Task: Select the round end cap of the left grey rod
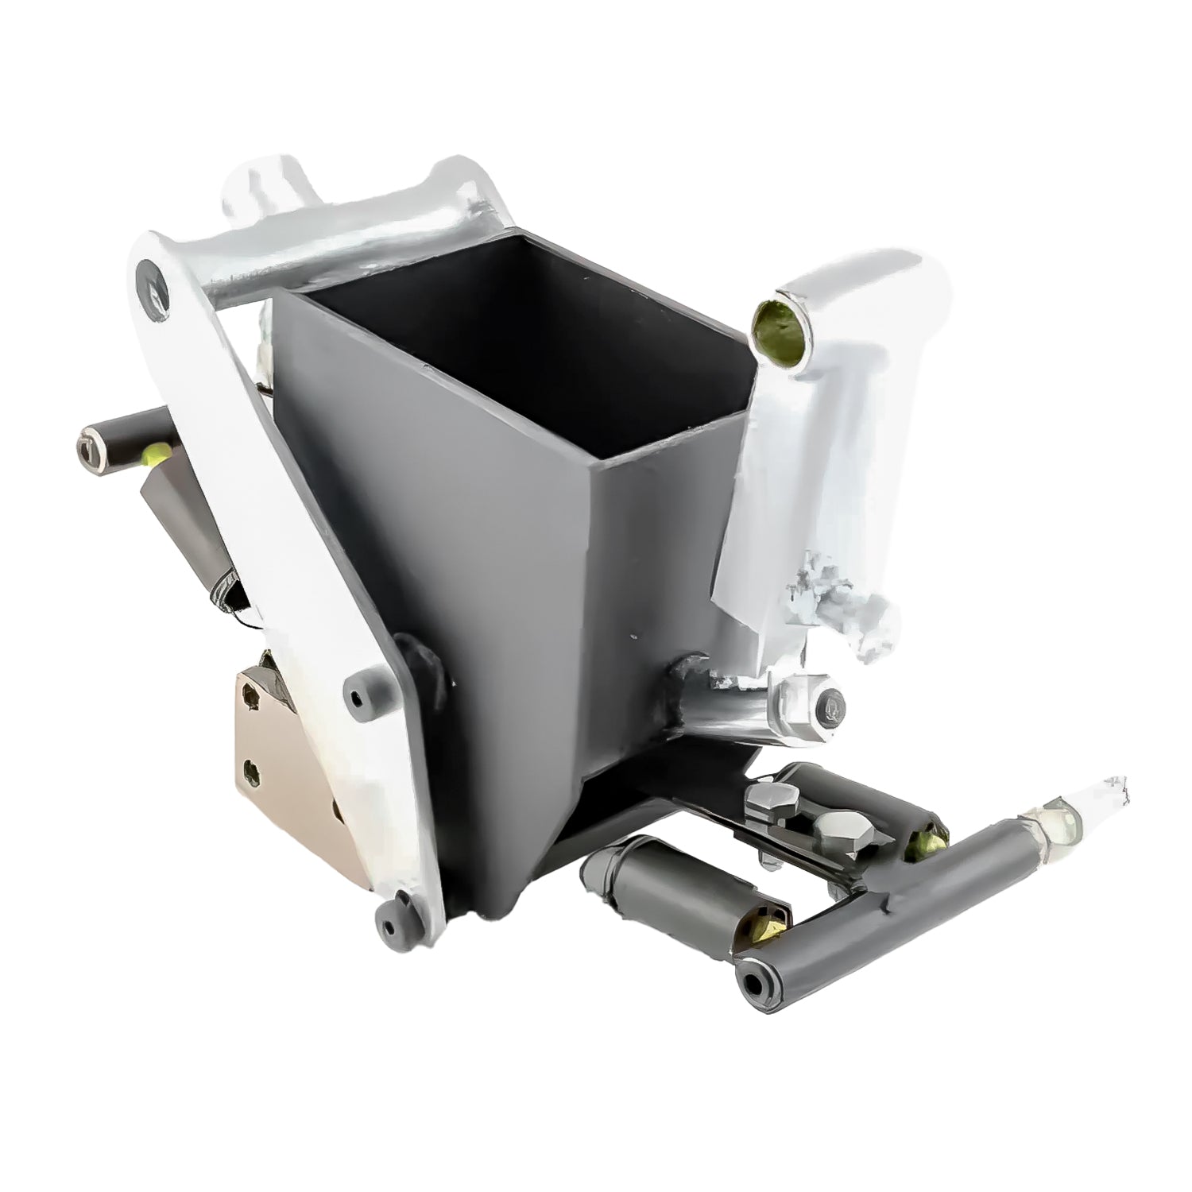[89, 444]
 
